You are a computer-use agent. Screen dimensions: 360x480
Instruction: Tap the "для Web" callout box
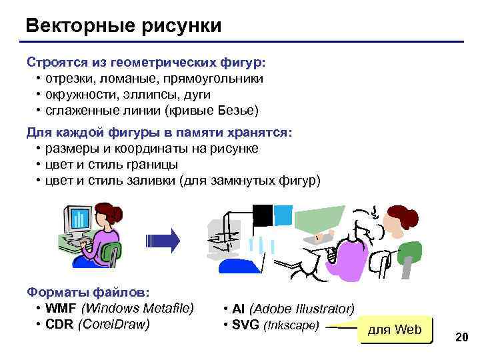pos(395,329)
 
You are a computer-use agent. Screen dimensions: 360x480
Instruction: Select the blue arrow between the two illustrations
pos(163,241)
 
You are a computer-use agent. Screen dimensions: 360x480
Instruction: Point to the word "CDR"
pos(60,324)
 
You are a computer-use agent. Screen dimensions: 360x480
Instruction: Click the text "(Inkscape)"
pos(292,326)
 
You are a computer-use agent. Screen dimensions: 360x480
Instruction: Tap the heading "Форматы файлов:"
pos(88,291)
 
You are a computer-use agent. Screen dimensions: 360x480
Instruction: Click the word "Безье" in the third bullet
pos(239,110)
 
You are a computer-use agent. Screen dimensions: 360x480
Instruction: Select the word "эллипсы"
pos(134,95)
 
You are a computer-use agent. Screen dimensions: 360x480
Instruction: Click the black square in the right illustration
pos(263,215)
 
